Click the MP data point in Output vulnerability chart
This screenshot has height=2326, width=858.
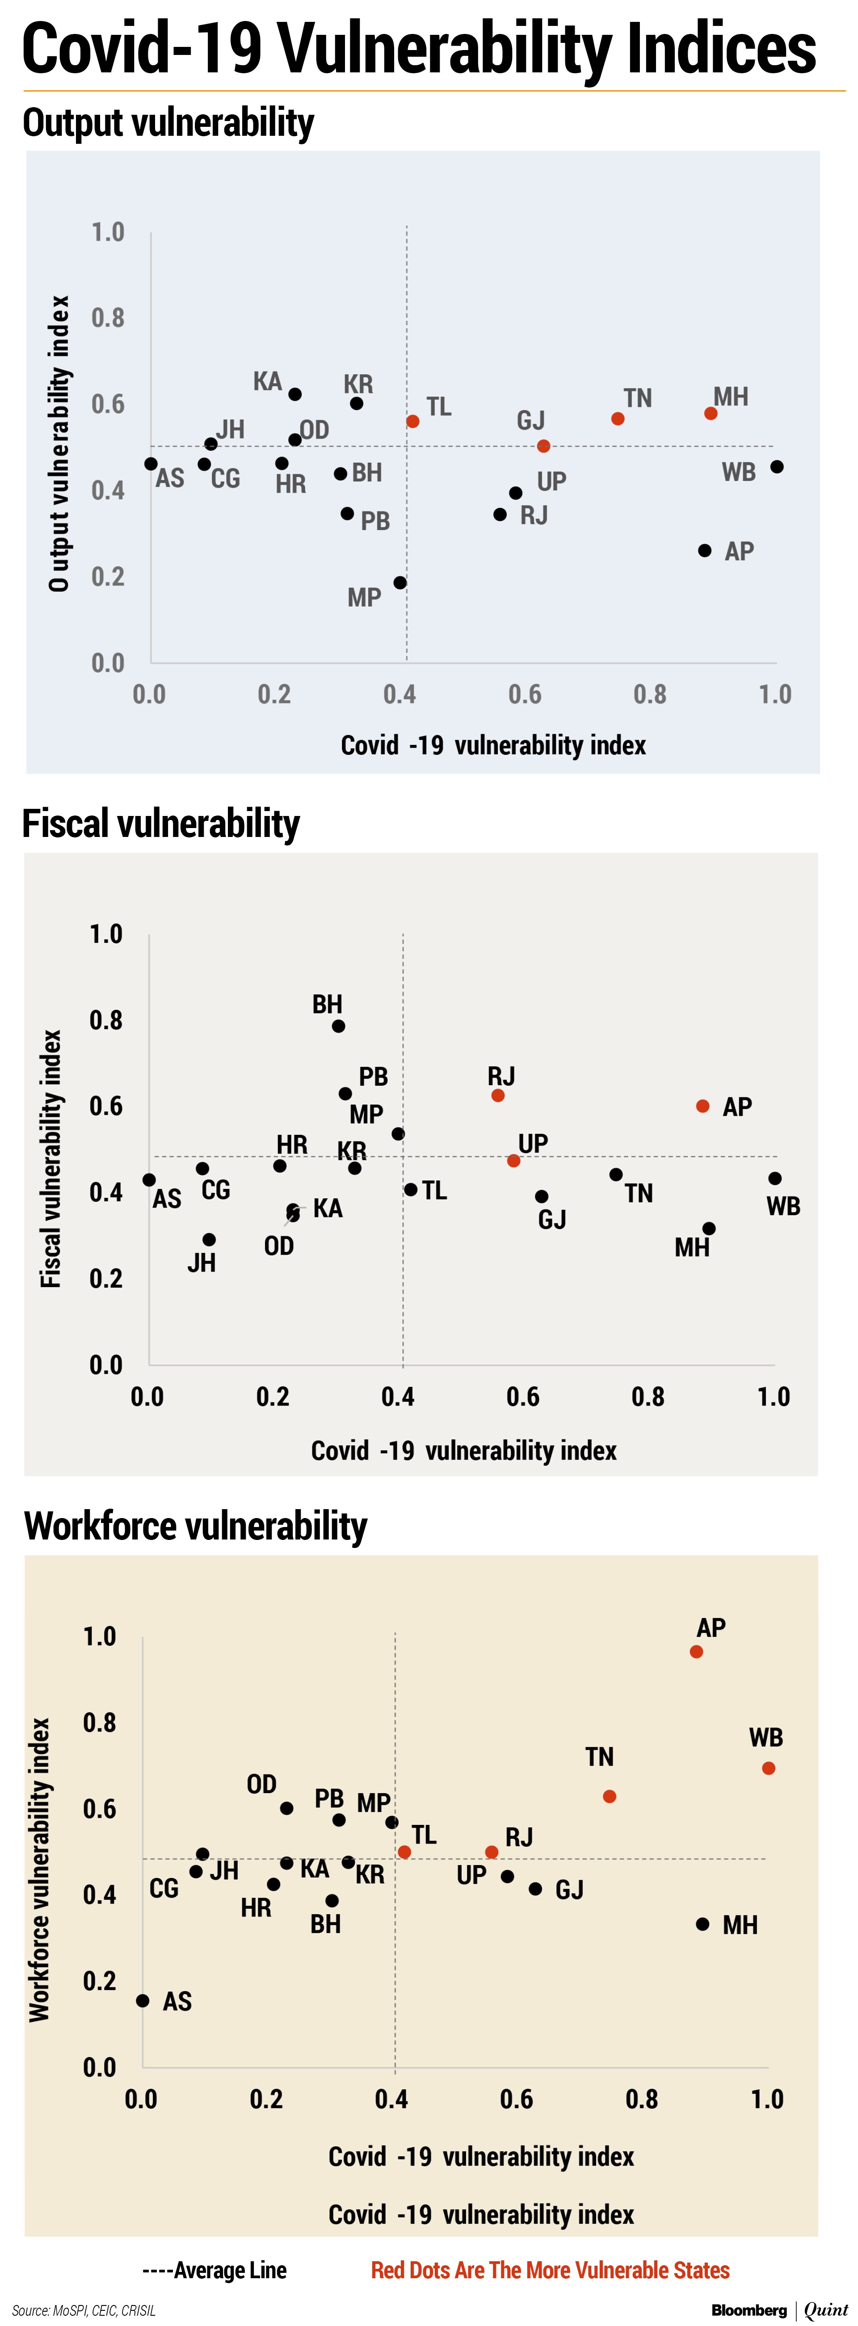[400, 582]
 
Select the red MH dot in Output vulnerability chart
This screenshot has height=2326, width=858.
[711, 414]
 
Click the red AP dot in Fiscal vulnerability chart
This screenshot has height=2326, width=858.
[702, 1106]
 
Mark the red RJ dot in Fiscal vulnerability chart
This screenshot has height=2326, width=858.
[498, 1095]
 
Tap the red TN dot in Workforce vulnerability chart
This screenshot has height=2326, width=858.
[610, 1796]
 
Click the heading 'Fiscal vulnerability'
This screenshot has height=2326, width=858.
[161, 824]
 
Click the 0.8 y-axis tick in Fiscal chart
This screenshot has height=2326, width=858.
[105, 1021]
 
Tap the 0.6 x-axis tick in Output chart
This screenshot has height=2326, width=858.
[525, 694]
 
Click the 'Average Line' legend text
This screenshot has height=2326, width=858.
[215, 2270]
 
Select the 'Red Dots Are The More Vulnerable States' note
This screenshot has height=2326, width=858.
[550, 2270]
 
